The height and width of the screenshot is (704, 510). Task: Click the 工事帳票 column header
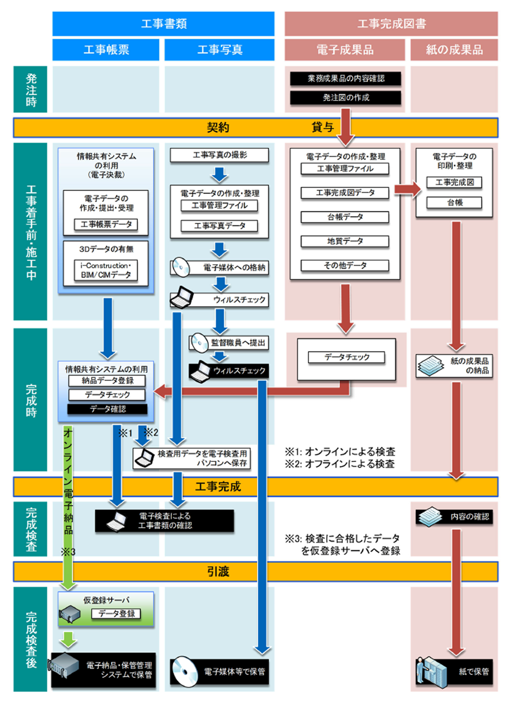click(x=106, y=50)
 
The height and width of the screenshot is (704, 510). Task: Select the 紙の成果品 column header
click(x=454, y=50)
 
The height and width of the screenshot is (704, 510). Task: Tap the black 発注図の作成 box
click(x=346, y=98)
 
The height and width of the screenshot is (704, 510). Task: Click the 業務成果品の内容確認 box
click(x=346, y=78)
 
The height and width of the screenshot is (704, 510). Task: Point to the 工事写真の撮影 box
click(x=219, y=155)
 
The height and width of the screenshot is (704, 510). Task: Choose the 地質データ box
click(x=345, y=241)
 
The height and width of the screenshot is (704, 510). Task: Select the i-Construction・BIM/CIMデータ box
click(x=106, y=270)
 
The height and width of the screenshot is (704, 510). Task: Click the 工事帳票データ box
click(x=106, y=224)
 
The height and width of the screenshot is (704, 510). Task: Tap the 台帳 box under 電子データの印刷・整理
click(x=454, y=202)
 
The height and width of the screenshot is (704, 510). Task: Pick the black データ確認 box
click(x=108, y=409)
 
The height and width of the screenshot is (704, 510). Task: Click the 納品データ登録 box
click(x=107, y=381)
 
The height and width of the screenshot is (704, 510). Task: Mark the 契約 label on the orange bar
click(x=218, y=127)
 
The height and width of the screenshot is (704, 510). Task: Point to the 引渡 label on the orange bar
click(x=218, y=571)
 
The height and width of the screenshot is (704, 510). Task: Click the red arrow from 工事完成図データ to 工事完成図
click(x=408, y=189)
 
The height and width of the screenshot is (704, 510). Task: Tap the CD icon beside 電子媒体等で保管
click(x=185, y=671)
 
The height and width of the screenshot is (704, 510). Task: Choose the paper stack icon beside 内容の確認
click(x=430, y=517)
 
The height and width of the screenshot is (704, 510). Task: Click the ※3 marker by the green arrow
click(x=68, y=552)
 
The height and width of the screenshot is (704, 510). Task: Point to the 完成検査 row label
click(x=31, y=529)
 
